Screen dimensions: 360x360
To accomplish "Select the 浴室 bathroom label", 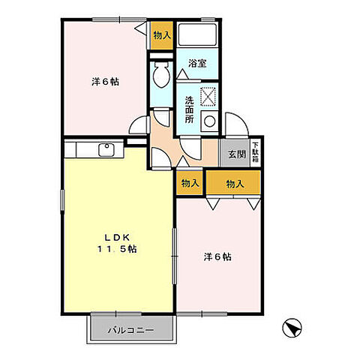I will [x=197, y=64].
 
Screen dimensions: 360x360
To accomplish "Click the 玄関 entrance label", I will [x=236, y=154].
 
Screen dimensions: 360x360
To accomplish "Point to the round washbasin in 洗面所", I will [x=209, y=120].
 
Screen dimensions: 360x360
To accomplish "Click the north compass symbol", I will [x=293, y=327].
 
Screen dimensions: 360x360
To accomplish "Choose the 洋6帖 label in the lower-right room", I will [x=217, y=257].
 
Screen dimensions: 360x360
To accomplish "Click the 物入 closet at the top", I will [x=161, y=35].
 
